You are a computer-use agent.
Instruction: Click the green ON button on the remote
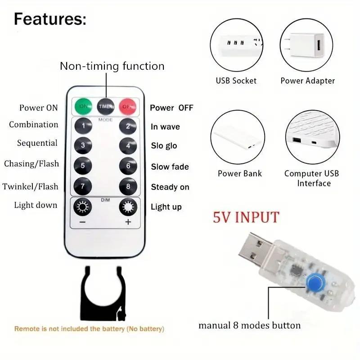(x=83, y=106)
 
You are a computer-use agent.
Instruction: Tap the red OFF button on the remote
(x=128, y=106)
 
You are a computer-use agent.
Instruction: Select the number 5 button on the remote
(x=83, y=166)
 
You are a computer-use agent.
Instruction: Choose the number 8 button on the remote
(x=128, y=186)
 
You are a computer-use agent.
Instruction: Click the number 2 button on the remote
(x=128, y=126)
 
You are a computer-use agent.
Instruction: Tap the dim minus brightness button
(x=83, y=207)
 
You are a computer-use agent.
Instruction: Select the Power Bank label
(x=239, y=173)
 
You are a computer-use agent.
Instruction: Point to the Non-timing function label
(x=112, y=66)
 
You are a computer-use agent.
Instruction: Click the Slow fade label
(x=170, y=166)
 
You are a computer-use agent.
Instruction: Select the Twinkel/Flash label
(x=31, y=186)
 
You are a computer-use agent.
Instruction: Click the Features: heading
(x=49, y=19)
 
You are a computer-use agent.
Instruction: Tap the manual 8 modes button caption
(x=250, y=325)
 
